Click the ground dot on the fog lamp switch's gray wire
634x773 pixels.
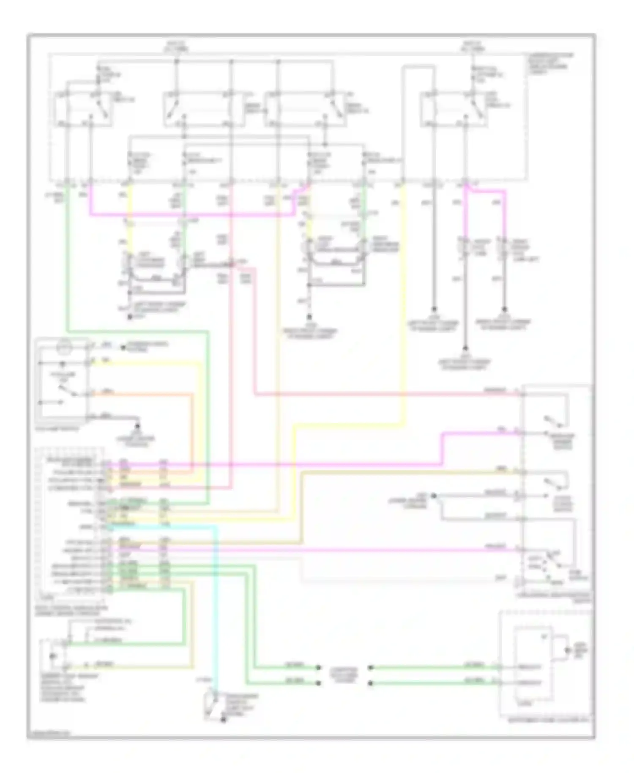pos(137,425)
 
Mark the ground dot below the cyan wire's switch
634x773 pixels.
pos(223,720)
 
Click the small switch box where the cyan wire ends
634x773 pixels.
pos(212,704)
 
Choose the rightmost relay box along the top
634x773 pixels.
pos(453,109)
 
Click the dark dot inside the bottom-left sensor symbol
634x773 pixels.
pos(52,656)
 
